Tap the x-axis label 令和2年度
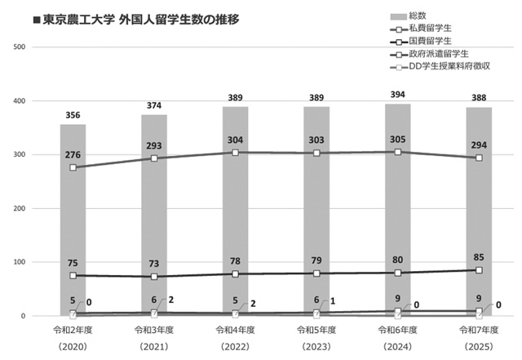pyautogui.click(x=73, y=330)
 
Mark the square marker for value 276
pyautogui.click(x=73, y=167)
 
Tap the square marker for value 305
pyautogui.click(x=397, y=152)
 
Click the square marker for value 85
pyautogui.click(x=479, y=270)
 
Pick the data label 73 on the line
pyautogui.click(x=154, y=264)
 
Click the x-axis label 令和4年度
pyautogui.click(x=235, y=330)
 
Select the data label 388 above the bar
pyautogui.click(x=479, y=98)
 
